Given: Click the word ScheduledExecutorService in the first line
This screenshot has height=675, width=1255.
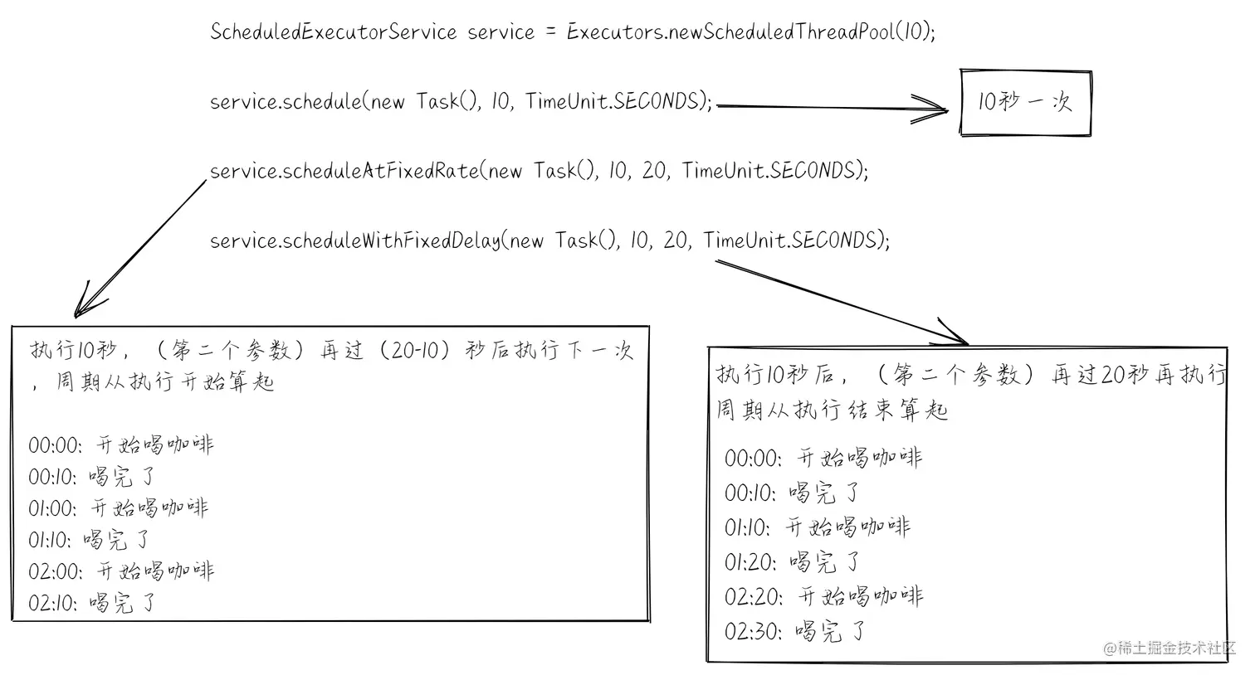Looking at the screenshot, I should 333,32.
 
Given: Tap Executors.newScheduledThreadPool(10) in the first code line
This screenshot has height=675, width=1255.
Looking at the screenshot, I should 750,32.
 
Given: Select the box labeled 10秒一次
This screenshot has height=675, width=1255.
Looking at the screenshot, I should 1025,103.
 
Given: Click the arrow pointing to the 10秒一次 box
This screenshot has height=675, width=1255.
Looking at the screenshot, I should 830,106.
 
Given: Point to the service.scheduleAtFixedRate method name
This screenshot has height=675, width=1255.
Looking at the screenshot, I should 344,171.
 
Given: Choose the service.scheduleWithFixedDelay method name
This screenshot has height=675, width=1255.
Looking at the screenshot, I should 355,240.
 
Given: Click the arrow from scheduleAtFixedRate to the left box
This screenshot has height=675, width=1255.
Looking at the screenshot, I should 141,246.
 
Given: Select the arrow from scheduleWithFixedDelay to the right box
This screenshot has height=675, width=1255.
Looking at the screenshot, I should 838,300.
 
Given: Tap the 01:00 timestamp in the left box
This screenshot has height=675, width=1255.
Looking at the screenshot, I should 52,508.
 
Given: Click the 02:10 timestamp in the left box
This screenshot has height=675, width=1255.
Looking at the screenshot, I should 52,603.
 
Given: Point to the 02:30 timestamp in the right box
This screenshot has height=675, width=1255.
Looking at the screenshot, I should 752,632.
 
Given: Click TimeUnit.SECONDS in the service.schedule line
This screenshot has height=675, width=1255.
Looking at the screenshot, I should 618,101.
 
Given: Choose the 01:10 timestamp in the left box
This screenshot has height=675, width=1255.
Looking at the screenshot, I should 50,541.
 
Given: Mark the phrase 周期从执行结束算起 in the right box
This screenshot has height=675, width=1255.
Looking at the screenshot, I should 832,410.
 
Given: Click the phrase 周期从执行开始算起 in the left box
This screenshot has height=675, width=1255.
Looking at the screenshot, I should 165,382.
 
